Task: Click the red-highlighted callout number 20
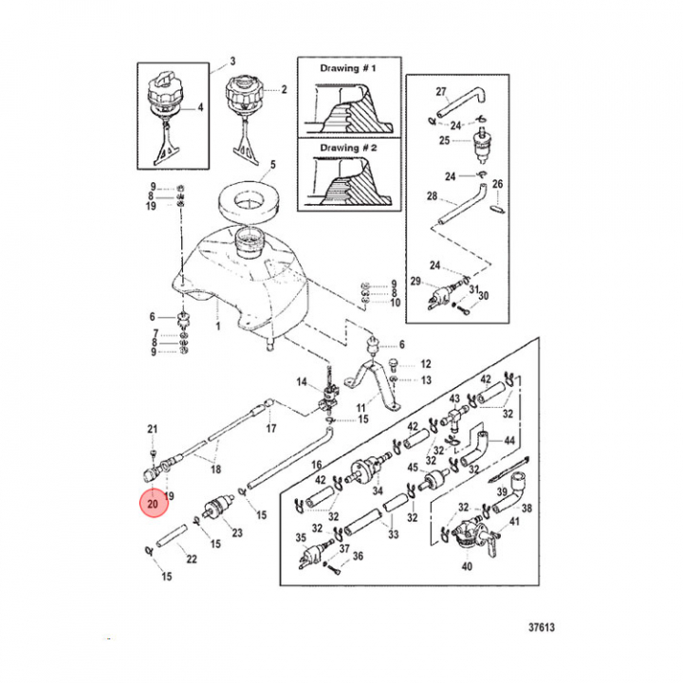pos(153,504)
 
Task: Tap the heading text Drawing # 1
pos(347,68)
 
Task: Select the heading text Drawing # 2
pos(348,148)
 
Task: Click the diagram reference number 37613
pos(542,627)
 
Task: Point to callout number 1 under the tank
pos(219,325)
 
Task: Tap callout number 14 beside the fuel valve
pos(302,382)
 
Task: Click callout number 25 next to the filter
pos(444,140)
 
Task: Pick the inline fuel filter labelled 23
pos(217,508)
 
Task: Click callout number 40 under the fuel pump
pos(467,566)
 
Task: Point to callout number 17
pos(271,429)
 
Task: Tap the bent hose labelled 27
pos(462,102)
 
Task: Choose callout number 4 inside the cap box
pos(200,107)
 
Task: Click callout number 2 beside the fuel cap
pos(284,90)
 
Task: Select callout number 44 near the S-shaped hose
pos(509,441)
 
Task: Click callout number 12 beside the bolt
pos(426,363)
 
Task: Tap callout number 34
pos(378,491)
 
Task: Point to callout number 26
pos(497,184)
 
